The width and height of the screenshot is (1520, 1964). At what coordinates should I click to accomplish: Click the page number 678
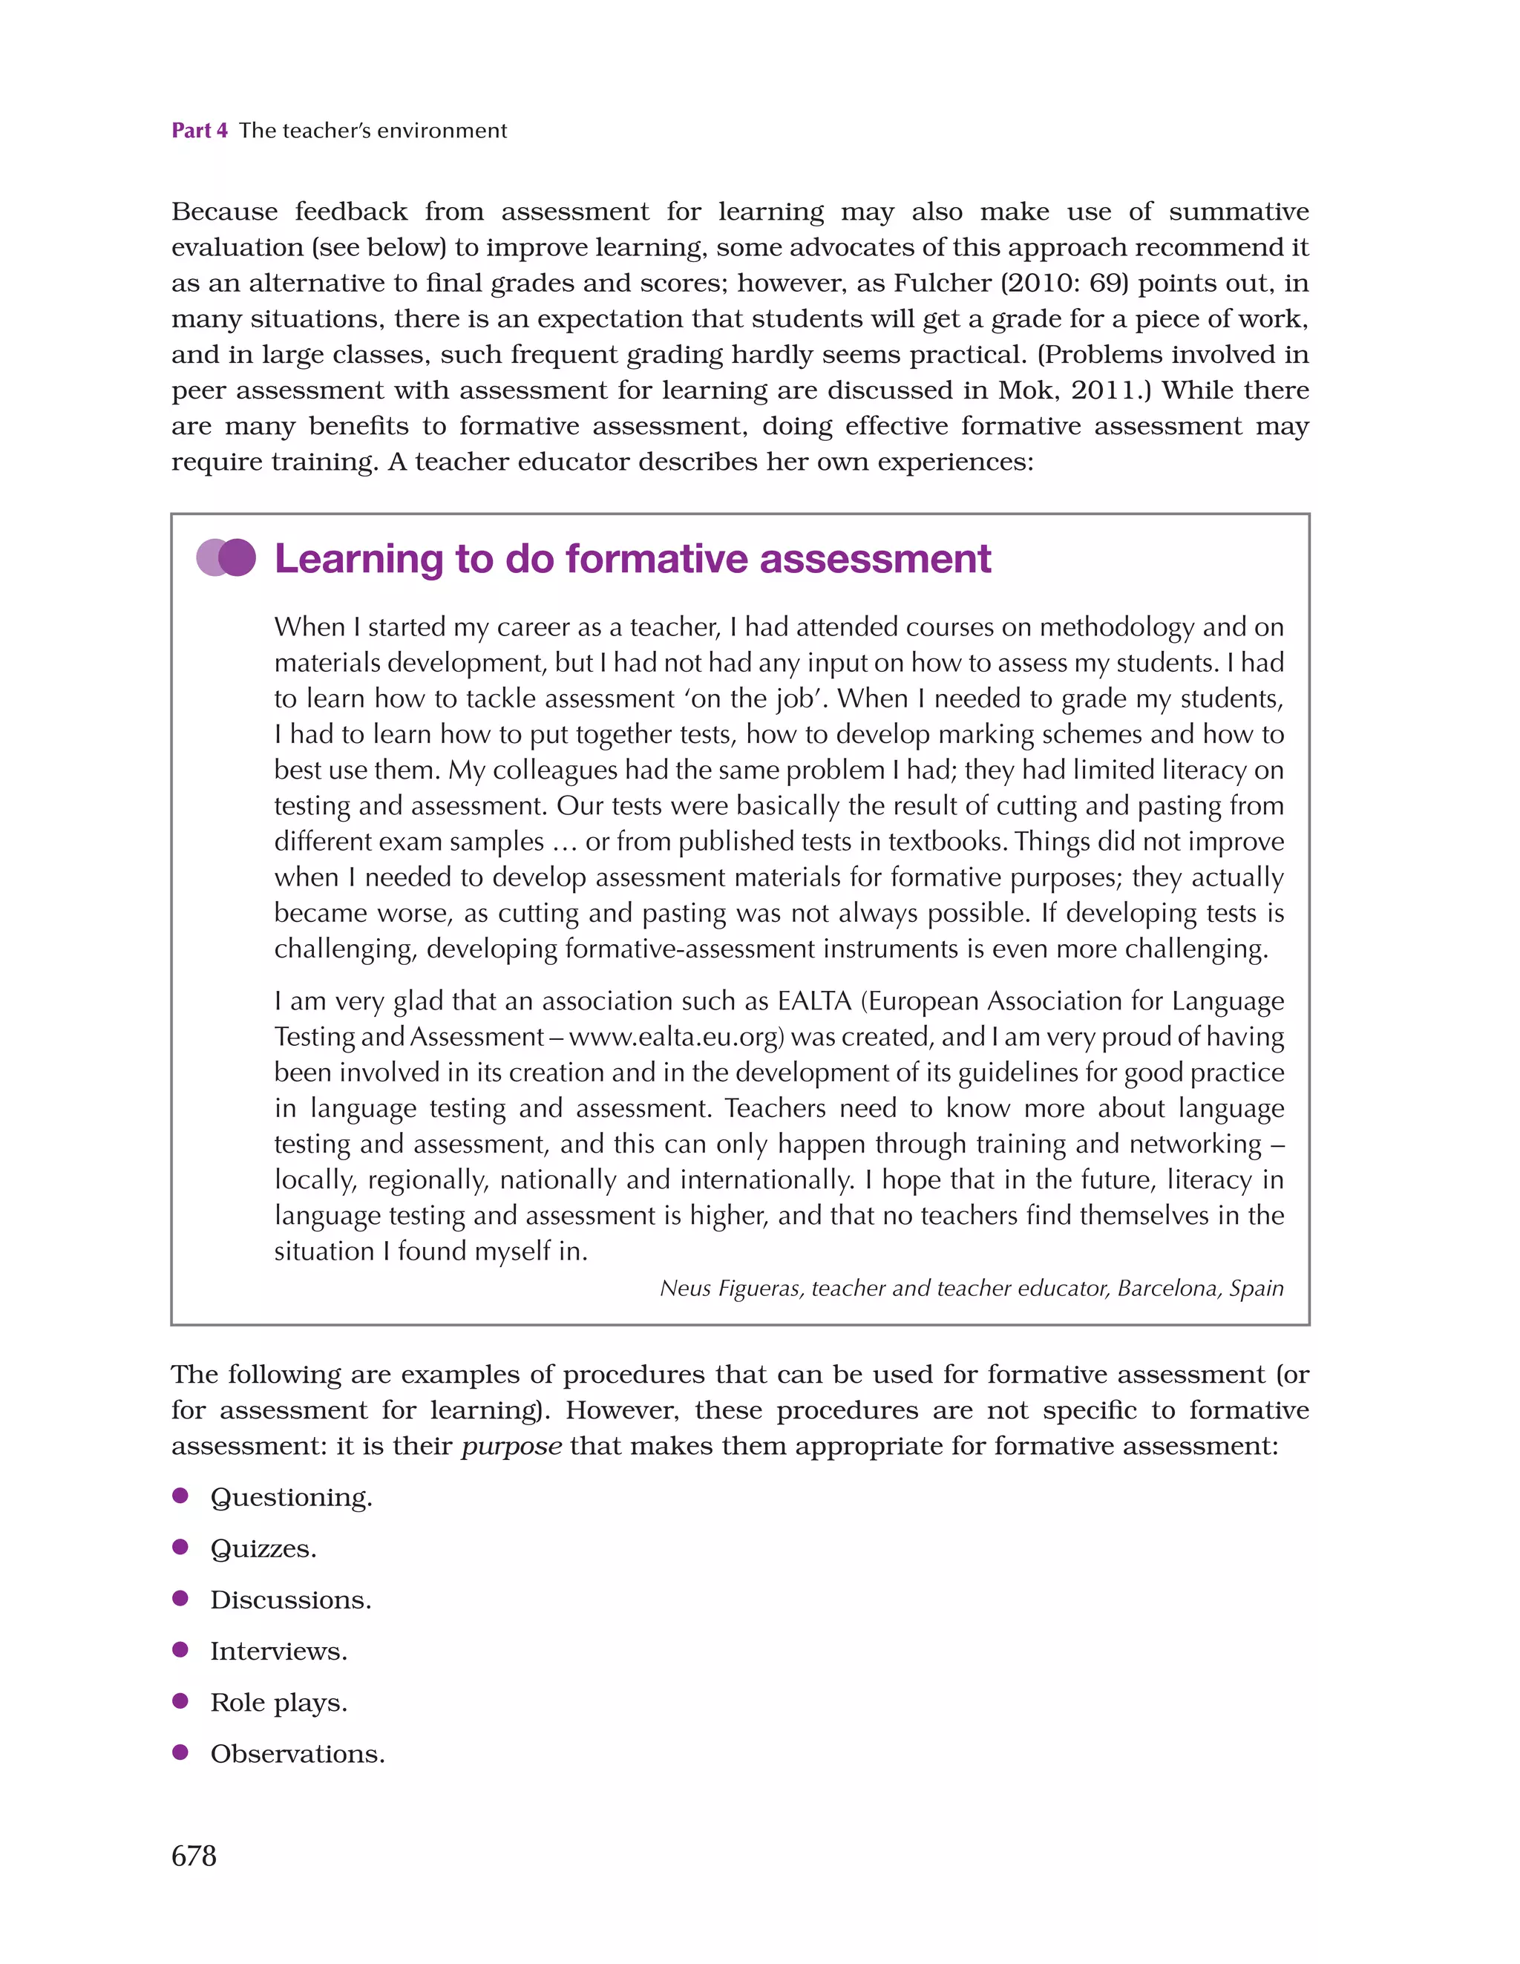click(194, 1855)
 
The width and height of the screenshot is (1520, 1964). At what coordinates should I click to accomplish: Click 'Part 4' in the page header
click(199, 131)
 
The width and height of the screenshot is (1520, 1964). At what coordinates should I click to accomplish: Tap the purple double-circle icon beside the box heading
click(226, 557)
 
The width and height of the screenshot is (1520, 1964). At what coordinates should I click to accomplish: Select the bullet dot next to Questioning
click(180, 1496)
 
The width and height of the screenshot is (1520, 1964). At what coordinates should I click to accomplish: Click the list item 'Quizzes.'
click(263, 1548)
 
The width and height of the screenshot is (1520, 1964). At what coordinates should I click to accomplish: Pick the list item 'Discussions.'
click(290, 1600)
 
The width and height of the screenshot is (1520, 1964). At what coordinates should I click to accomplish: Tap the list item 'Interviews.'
click(278, 1651)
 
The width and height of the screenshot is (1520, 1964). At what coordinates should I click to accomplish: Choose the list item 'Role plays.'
click(278, 1702)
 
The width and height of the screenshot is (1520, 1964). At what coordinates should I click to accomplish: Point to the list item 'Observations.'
click(297, 1753)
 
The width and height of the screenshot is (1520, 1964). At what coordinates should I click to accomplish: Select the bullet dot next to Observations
click(180, 1752)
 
